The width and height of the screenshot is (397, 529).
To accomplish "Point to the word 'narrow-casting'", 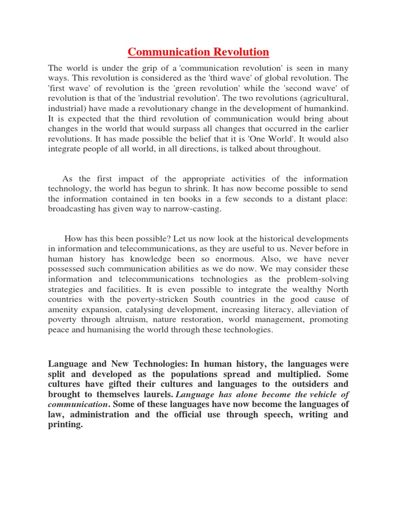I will pos(181,209).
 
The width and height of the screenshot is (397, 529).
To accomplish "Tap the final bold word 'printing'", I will pos(65,424).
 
